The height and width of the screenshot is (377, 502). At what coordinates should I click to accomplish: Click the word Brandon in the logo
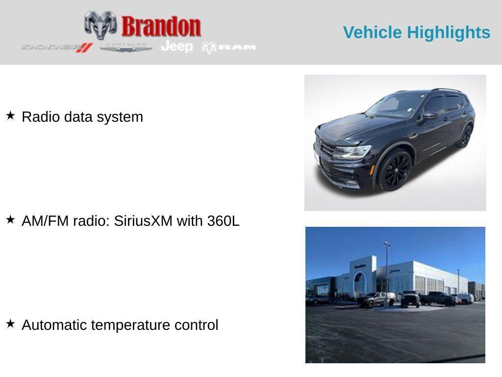[161, 27]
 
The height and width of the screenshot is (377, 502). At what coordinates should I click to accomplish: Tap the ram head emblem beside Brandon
[100, 25]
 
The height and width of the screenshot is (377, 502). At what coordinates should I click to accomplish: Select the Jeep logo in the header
[176, 47]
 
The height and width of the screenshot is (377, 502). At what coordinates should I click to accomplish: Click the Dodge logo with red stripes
[57, 48]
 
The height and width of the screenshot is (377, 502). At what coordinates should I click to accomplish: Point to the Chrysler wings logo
[126, 48]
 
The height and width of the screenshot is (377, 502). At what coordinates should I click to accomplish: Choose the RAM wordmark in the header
[237, 47]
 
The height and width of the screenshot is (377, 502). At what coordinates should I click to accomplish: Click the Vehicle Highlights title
[416, 32]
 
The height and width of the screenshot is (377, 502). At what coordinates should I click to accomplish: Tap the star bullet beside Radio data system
[10, 116]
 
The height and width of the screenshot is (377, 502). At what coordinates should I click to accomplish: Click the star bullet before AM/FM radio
[10, 220]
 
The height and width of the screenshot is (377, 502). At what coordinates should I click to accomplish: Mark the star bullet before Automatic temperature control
[10, 324]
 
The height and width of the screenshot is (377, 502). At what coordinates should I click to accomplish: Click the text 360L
[223, 221]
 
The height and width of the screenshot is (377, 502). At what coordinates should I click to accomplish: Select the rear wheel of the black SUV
[464, 136]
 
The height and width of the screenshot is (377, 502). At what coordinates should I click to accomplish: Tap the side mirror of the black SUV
[430, 115]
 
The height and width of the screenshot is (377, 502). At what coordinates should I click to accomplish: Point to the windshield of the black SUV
[395, 105]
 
